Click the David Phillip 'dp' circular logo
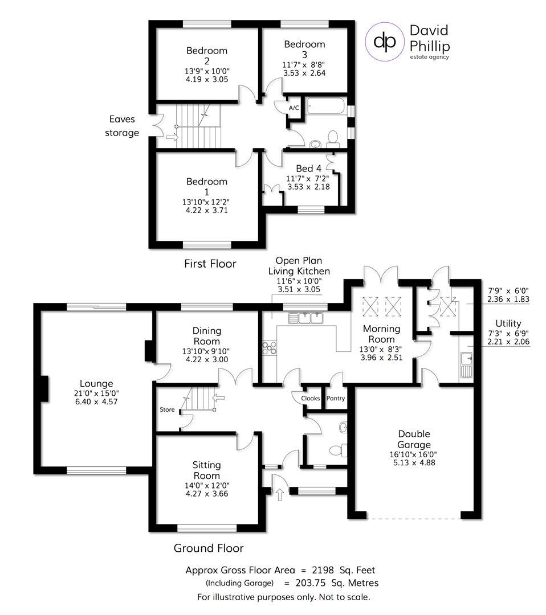tap(384, 41)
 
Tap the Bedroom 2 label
tap(206, 56)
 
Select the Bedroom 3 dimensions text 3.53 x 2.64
tap(304, 73)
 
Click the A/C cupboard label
tap(294, 108)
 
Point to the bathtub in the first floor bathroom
tap(325, 106)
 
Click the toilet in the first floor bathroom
tap(332, 137)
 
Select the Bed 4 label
tap(309, 169)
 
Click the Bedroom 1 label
tap(206, 186)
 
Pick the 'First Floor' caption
tap(210, 264)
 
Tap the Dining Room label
tap(206, 335)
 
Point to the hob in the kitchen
tap(268, 347)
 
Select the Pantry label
tap(335, 399)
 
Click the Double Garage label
tap(414, 440)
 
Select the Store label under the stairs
tap(167, 409)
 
